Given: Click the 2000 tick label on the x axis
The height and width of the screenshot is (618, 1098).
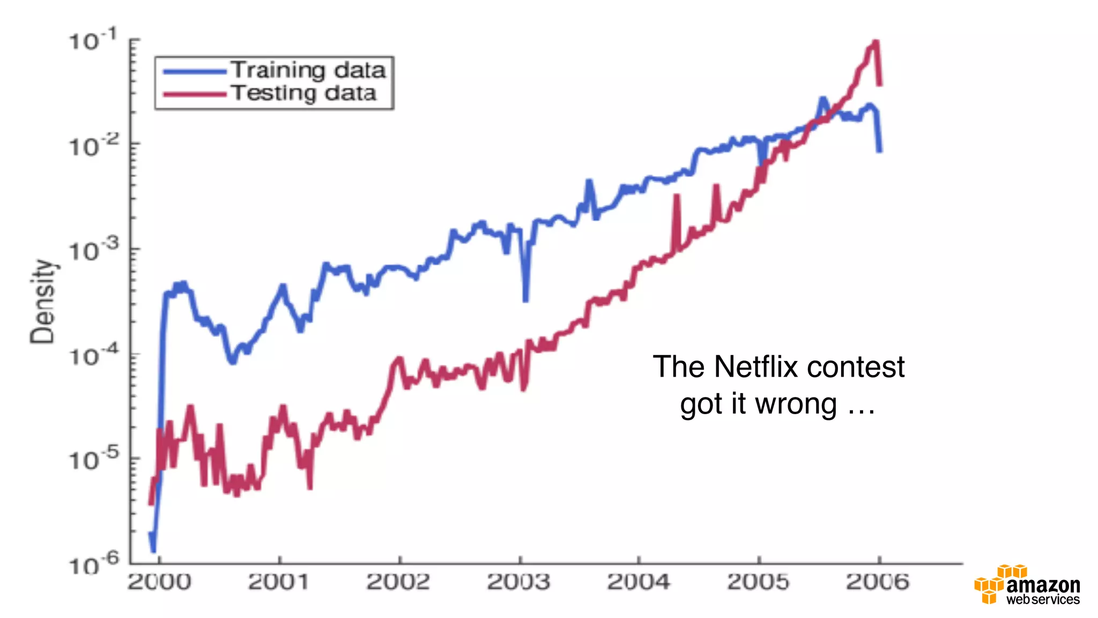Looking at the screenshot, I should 159,582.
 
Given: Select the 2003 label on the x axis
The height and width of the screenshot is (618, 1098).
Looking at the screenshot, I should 518,582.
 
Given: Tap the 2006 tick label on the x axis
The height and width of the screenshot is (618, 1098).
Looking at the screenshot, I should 878,582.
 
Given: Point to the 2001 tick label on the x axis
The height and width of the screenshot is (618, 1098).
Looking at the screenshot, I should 279,582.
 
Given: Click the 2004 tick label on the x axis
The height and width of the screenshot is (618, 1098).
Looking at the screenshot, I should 638,582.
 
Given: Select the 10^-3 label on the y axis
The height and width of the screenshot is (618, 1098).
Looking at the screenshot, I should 94,250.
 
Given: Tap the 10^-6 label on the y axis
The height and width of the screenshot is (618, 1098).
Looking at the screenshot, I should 94,564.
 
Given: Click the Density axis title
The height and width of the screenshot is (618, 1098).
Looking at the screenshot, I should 43,301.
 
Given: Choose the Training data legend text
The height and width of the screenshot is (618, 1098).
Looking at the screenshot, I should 308,70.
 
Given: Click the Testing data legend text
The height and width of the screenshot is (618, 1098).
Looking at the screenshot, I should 303,93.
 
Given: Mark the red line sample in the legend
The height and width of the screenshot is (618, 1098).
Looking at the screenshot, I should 194,94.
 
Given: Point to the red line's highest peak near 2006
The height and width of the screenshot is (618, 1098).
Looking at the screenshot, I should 875,42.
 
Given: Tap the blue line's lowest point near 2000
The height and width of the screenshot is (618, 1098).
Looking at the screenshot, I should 153,549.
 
